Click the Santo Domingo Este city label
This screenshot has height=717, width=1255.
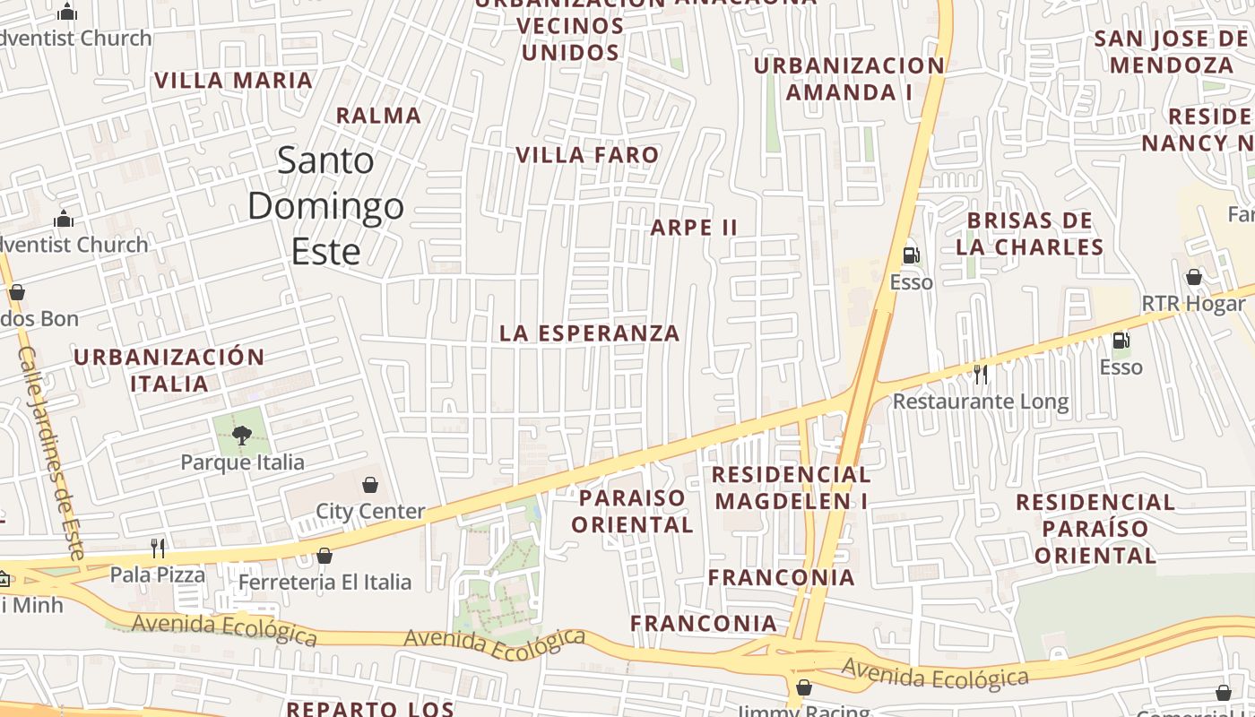tap(325, 206)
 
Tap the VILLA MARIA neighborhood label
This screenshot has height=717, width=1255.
tap(233, 81)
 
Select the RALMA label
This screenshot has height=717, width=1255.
tap(378, 116)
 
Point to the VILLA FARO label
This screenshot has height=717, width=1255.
tap(587, 155)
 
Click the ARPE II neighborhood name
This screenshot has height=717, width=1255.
tap(694, 228)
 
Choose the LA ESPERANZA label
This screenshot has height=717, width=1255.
tap(590, 333)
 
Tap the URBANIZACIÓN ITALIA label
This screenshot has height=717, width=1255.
tap(169, 370)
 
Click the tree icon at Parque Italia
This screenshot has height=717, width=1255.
tap(240, 436)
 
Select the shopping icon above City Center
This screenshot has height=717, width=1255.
tap(369, 485)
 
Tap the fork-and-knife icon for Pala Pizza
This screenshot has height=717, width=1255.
tap(158, 547)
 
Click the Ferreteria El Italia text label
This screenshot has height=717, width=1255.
tap(325, 583)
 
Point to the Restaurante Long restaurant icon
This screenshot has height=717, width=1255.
tap(981, 374)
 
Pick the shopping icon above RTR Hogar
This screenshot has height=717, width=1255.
tap(1193, 277)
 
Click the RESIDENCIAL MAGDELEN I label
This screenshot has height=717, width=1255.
tap(792, 488)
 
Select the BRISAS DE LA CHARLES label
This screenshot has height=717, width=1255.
tap(1029, 234)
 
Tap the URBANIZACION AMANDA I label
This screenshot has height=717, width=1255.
tap(849, 79)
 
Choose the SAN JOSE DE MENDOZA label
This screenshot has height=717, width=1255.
tap(1171, 52)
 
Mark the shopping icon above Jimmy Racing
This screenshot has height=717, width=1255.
tap(803, 687)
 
